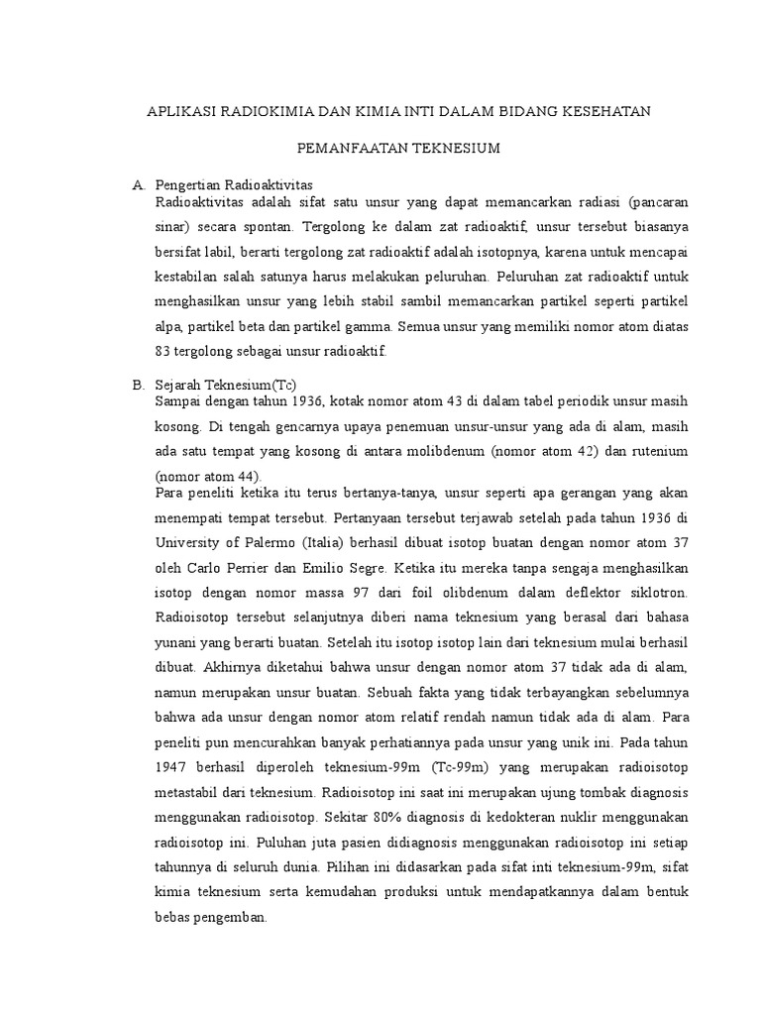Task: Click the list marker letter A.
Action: (139, 185)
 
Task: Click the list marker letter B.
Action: (139, 384)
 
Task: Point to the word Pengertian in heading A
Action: (188, 185)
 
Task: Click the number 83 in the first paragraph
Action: (164, 351)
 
